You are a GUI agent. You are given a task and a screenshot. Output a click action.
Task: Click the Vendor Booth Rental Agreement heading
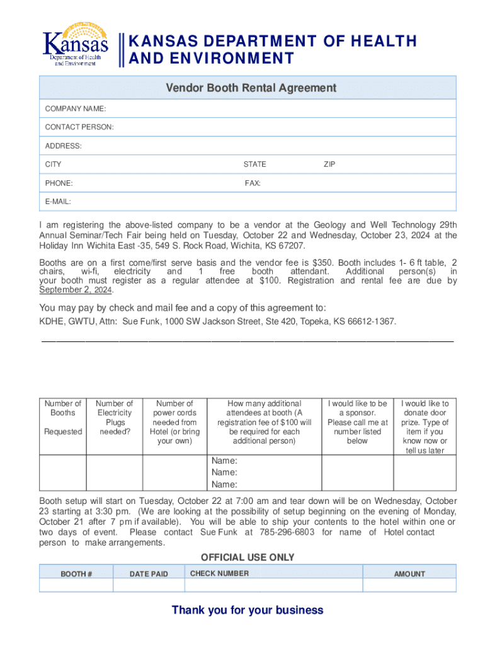251,88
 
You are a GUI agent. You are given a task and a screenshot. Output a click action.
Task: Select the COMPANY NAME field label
75,109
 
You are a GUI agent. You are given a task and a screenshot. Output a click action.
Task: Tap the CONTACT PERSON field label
79,127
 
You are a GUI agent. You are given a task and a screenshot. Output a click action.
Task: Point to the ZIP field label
329,164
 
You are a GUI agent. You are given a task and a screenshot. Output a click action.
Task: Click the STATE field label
255,164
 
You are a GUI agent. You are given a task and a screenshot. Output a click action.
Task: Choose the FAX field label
253,183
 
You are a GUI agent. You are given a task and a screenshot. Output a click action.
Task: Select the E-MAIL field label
58,202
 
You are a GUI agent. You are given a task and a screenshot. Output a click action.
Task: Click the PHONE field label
59,183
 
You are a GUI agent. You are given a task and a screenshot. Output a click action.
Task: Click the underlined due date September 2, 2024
77,290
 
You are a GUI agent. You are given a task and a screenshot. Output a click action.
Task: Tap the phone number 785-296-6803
292,532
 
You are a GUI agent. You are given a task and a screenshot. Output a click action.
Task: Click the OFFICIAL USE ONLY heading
248,557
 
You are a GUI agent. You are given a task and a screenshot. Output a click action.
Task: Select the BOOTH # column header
76,574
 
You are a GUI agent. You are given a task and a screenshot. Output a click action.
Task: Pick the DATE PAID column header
149,574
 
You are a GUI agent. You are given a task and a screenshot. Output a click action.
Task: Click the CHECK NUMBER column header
219,573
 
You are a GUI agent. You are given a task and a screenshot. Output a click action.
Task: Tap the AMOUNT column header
409,574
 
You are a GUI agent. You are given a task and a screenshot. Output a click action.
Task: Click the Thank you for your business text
248,610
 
